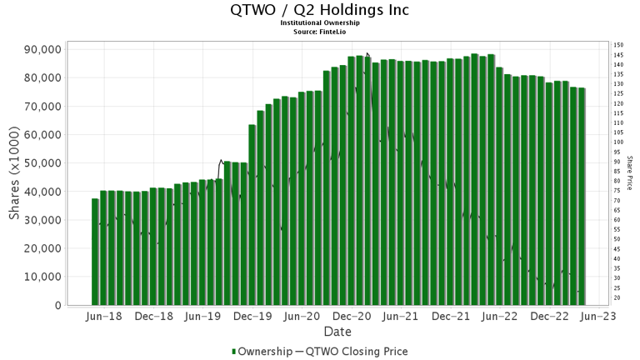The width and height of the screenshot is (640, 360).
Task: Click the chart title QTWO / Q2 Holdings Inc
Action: coord(320,10)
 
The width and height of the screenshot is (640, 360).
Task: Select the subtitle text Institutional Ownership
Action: coord(320,23)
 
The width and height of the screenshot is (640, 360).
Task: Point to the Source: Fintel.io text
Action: coord(320,31)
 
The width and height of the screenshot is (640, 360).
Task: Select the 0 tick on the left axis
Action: coord(57,306)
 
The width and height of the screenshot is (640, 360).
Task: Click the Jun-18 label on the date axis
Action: coord(104,317)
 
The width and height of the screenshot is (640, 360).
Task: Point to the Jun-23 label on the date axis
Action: coord(599,317)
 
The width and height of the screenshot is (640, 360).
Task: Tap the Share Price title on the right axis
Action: coord(630,172)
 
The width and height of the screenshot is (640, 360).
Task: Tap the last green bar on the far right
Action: coord(582,197)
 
